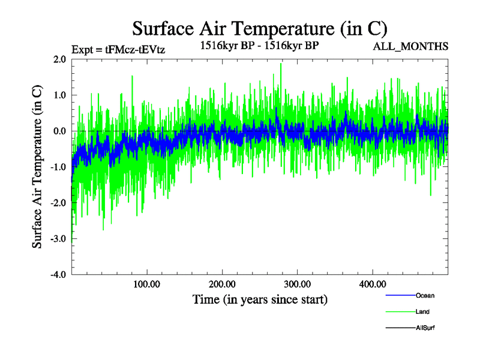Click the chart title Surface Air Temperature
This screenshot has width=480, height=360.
(x=260, y=28)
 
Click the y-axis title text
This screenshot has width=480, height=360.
(x=37, y=167)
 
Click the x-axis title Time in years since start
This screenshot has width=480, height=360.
(x=260, y=299)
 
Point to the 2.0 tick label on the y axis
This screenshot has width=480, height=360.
(x=59, y=59)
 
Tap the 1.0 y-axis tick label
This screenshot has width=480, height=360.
(x=59, y=95)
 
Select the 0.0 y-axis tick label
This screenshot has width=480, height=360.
(x=59, y=131)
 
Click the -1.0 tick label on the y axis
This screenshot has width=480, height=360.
(x=58, y=167)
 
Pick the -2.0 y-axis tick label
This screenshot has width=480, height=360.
(x=58, y=203)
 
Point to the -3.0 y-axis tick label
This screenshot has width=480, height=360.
(x=58, y=239)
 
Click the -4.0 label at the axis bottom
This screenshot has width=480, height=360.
(x=58, y=275)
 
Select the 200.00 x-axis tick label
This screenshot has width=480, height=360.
(x=222, y=284)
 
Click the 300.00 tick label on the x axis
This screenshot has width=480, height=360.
(x=297, y=284)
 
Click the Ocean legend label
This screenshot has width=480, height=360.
(x=425, y=295)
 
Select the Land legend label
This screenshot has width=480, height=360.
(x=422, y=312)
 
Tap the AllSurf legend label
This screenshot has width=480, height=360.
(x=425, y=328)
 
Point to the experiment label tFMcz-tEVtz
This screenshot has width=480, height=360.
(x=118, y=50)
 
